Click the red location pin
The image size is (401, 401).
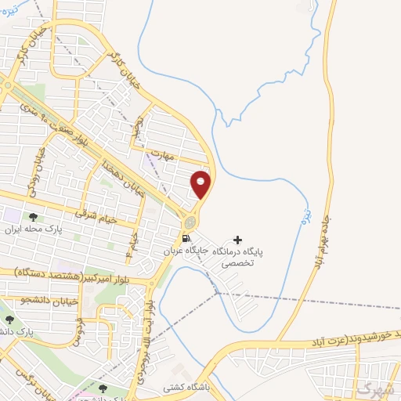coord(201,184)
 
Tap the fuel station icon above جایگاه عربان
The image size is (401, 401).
coord(186,238)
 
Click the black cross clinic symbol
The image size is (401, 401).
coord(238,240)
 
